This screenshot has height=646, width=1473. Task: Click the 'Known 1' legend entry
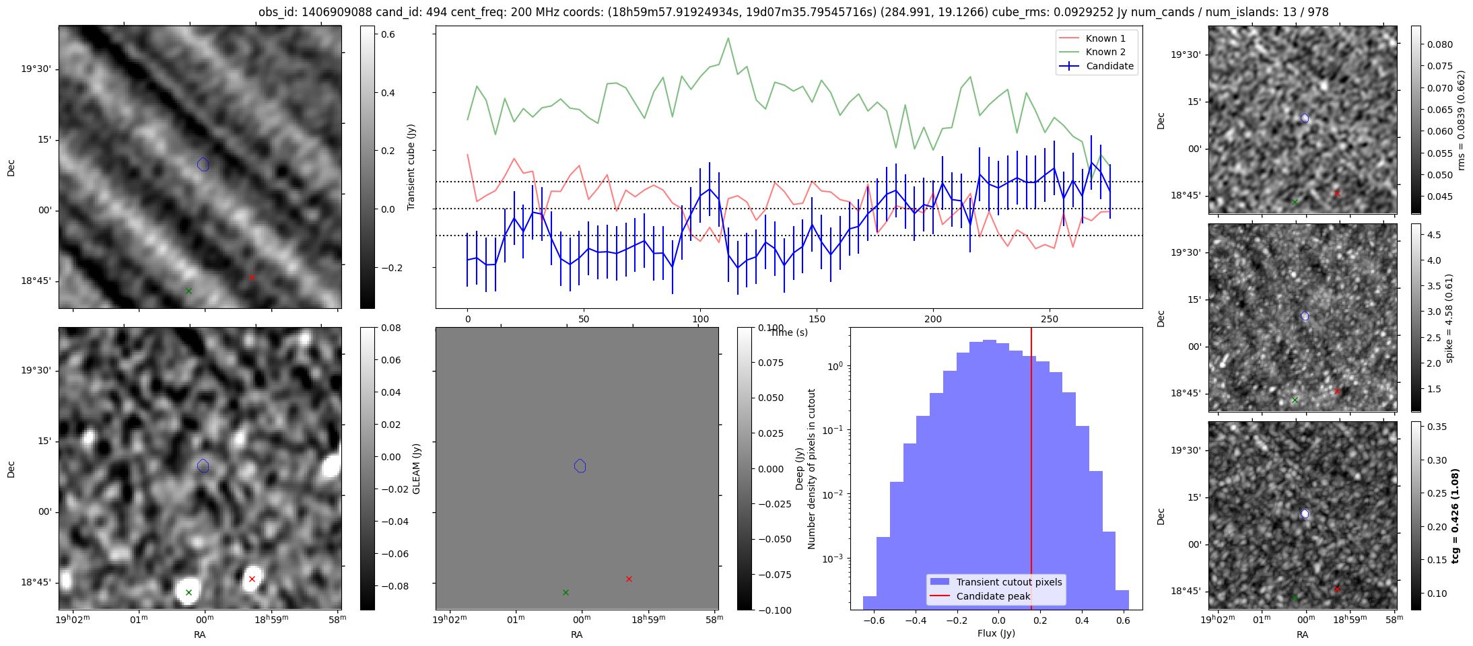(x=1105, y=38)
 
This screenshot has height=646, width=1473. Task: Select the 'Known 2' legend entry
(x=1105, y=52)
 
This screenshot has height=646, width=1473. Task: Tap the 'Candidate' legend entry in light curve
(x=1109, y=66)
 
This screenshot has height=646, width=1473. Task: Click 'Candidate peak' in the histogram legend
(x=993, y=596)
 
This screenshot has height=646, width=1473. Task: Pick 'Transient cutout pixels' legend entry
(x=1008, y=582)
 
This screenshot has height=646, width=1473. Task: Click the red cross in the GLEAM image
(x=252, y=579)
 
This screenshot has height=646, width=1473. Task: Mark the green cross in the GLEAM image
(x=189, y=592)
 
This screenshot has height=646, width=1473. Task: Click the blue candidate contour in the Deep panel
(x=580, y=466)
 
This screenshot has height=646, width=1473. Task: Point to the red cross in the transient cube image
(x=252, y=277)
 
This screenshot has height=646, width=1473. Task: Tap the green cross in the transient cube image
(x=189, y=291)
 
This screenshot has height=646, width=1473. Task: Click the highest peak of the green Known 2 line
(x=728, y=38)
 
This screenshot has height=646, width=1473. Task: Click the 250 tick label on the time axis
(x=1049, y=319)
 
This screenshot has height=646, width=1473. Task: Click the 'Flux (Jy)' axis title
(x=996, y=633)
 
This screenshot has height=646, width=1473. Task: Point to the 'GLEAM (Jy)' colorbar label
(x=416, y=468)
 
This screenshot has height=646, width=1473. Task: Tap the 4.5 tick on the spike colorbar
(x=1434, y=235)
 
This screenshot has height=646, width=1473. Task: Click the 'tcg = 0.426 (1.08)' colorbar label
(x=1455, y=515)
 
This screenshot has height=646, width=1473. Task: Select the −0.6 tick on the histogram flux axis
(x=873, y=620)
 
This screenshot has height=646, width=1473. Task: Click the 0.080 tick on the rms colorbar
(x=1440, y=44)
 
